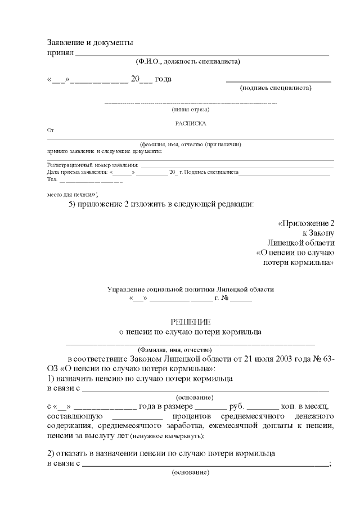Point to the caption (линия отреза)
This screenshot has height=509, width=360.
pos(191,109)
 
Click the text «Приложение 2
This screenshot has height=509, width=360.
pos(307,223)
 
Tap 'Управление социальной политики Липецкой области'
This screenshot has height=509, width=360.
pos(191,289)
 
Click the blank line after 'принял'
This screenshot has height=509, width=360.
pos(202,54)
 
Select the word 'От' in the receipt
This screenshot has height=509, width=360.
pos(51,130)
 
